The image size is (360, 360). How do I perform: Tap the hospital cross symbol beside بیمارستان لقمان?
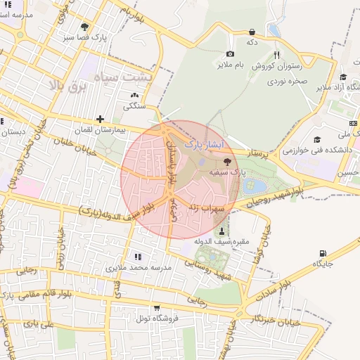(101, 119)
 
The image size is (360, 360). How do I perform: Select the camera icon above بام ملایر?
(230, 54)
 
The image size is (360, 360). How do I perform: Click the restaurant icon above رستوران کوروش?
(277, 55)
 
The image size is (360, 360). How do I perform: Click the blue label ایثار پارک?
(204, 143)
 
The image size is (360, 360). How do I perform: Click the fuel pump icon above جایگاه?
(323, 253)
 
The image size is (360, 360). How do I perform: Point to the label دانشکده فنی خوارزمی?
(308, 150)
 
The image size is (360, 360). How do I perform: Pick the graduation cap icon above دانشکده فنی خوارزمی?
(317, 139)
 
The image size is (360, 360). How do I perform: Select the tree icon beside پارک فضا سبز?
(84, 27)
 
